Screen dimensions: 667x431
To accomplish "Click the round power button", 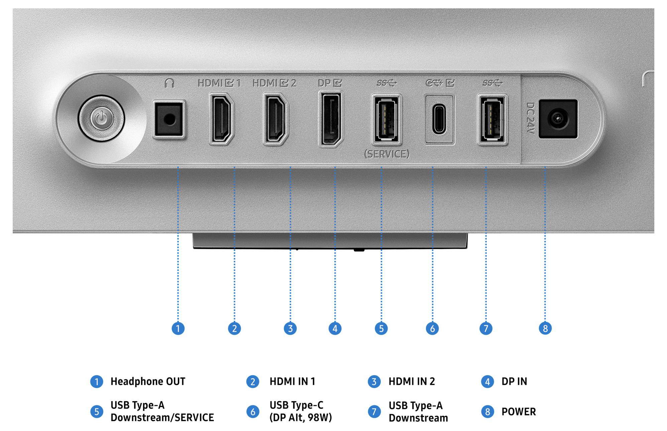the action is pos(102,118).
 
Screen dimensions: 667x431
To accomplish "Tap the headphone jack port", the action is pos(169,119).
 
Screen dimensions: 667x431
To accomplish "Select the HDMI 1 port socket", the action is pos(221,119).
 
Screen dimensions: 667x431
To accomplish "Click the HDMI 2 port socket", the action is pos(276,119).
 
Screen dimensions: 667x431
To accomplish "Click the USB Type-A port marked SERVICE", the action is pos(386,119).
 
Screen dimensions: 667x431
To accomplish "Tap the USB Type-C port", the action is pos(439,119).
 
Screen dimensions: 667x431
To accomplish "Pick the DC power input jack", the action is pos(558,119).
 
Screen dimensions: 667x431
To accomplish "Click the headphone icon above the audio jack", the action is pos(170,83).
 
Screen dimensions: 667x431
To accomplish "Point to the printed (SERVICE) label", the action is pos(386,154).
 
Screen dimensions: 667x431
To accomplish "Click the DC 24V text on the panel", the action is pos(531,118).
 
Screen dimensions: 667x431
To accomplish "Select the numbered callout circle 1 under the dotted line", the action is pos(178,328).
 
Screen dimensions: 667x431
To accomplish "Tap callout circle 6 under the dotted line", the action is pos(432,328).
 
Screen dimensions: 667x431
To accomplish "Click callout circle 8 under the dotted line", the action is pos(545,328).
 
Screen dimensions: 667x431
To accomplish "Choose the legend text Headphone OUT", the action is pos(148,381).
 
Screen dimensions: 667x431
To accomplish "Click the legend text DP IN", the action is pos(514,381).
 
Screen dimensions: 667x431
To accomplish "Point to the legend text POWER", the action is pos(519,412).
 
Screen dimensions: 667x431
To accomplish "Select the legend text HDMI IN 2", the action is pos(412,381).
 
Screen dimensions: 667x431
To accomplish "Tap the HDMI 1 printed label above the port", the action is pos(219,83).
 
